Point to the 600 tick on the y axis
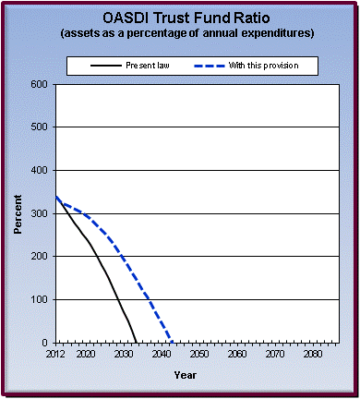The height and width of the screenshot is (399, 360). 40,84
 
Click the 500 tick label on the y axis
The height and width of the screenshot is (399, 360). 40,127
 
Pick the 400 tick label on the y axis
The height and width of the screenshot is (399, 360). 40,171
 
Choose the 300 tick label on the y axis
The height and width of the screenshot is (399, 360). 40,213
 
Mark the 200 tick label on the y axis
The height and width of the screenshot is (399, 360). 40,257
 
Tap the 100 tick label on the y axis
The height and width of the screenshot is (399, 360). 40,300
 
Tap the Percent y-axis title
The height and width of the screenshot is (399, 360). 18,213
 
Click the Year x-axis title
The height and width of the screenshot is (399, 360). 185,375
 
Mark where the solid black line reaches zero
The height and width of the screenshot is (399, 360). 137,343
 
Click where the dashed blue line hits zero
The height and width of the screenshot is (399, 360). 172,343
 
